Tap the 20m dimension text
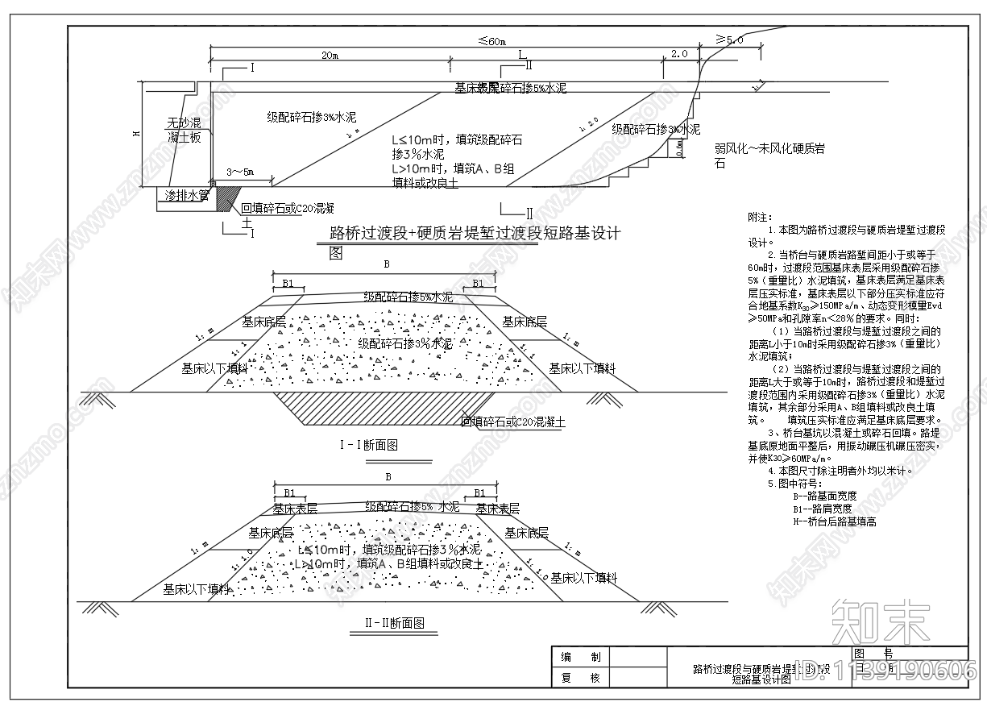(x=329, y=55)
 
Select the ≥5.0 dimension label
(x=729, y=39)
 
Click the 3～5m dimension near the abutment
(x=239, y=172)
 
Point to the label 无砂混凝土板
(x=184, y=131)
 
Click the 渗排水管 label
(x=187, y=196)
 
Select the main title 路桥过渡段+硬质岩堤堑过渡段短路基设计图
(x=475, y=235)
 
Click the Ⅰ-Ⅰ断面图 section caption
(x=369, y=445)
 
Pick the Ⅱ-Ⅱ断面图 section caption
(x=388, y=623)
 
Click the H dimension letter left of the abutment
(x=135, y=135)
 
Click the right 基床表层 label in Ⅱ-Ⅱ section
(x=497, y=509)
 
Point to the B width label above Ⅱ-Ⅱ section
(x=388, y=477)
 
